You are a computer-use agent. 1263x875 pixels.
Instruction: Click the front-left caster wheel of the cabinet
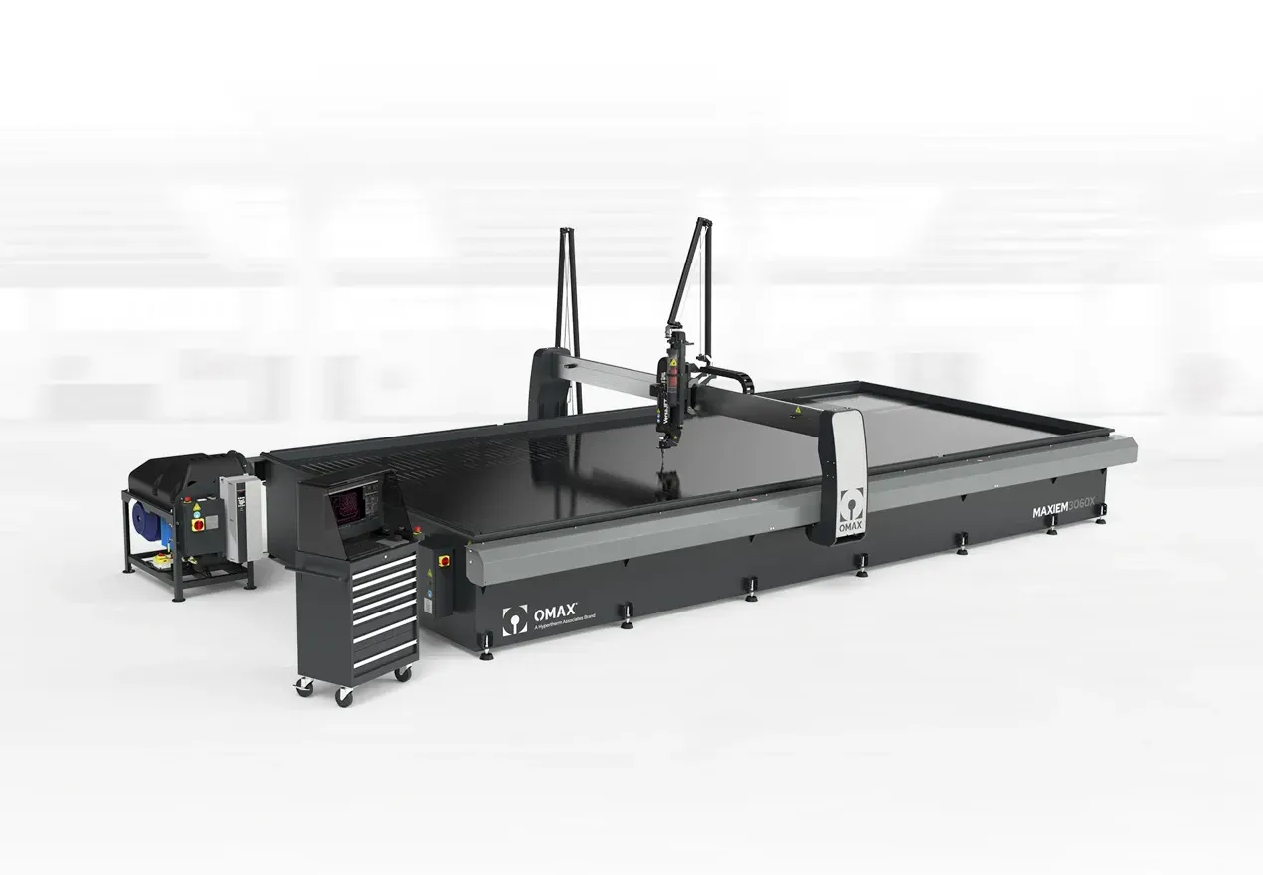tap(344, 697)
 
